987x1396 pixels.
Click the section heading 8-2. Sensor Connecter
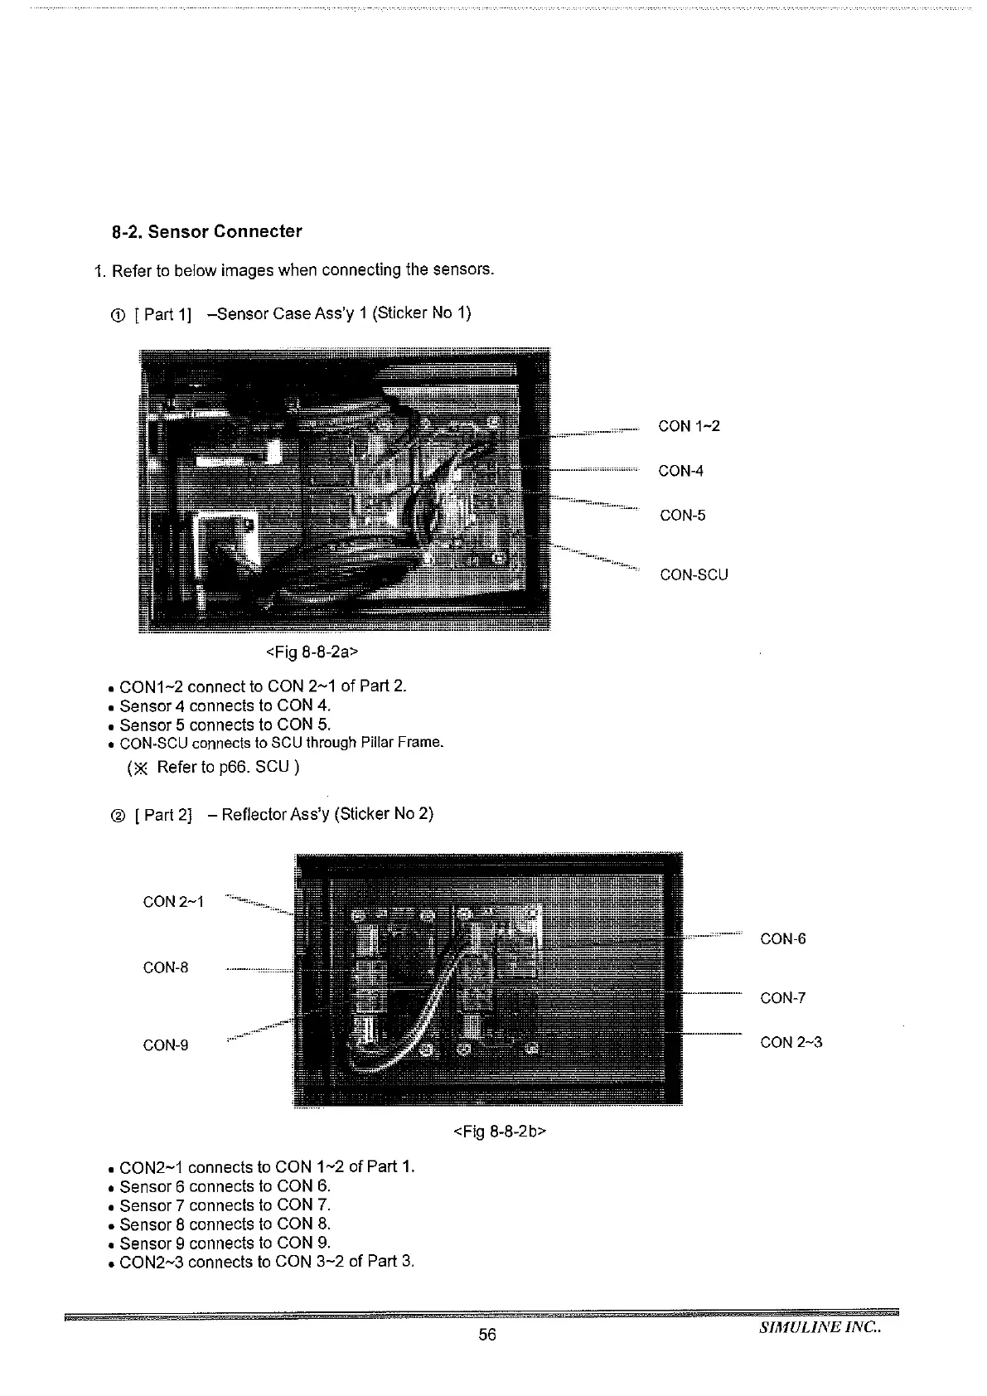point(207,231)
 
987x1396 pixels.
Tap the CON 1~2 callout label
point(689,426)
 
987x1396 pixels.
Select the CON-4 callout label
point(680,471)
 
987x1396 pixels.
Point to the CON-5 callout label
point(683,516)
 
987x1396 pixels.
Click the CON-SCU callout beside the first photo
point(694,574)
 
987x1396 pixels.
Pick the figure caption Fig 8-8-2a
point(312,652)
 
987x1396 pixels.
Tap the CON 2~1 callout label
point(173,901)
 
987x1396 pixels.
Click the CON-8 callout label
point(166,967)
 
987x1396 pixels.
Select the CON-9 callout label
point(166,1045)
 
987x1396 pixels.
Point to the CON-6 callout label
point(782,939)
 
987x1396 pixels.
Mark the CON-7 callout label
point(782,998)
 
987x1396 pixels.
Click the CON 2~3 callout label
point(791,1042)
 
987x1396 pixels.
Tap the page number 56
point(487,1335)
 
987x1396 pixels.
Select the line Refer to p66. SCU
point(214,767)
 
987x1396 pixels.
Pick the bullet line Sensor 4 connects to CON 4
point(225,705)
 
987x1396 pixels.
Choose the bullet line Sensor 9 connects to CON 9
point(225,1243)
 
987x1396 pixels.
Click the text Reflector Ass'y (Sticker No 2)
point(327,813)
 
